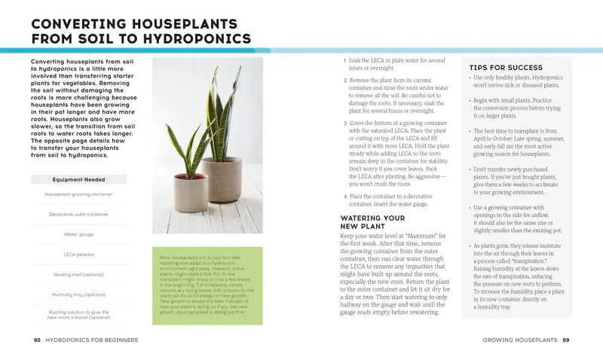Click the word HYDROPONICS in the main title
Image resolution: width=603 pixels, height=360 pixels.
tap(193, 38)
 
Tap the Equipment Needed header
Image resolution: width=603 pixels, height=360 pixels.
tap(78, 179)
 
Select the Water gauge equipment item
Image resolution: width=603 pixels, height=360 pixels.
tap(78, 234)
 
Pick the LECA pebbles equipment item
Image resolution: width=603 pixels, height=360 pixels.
tap(78, 254)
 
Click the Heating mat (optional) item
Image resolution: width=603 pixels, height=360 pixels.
tap(78, 274)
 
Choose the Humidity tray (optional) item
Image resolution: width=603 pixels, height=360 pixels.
tap(78, 294)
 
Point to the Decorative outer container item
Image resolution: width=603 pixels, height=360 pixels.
tap(78, 214)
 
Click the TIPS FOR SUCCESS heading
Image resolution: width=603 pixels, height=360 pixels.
tap(506, 68)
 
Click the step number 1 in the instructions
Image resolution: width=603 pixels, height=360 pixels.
tap(344, 60)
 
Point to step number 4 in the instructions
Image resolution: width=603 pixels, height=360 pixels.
tap(344, 196)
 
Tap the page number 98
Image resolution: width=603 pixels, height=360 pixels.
tap(37, 340)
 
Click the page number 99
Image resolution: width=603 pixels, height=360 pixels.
tap(565, 340)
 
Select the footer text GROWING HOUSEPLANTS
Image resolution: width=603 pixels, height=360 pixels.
tap(519, 340)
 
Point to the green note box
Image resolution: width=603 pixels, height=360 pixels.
tap(207, 286)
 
